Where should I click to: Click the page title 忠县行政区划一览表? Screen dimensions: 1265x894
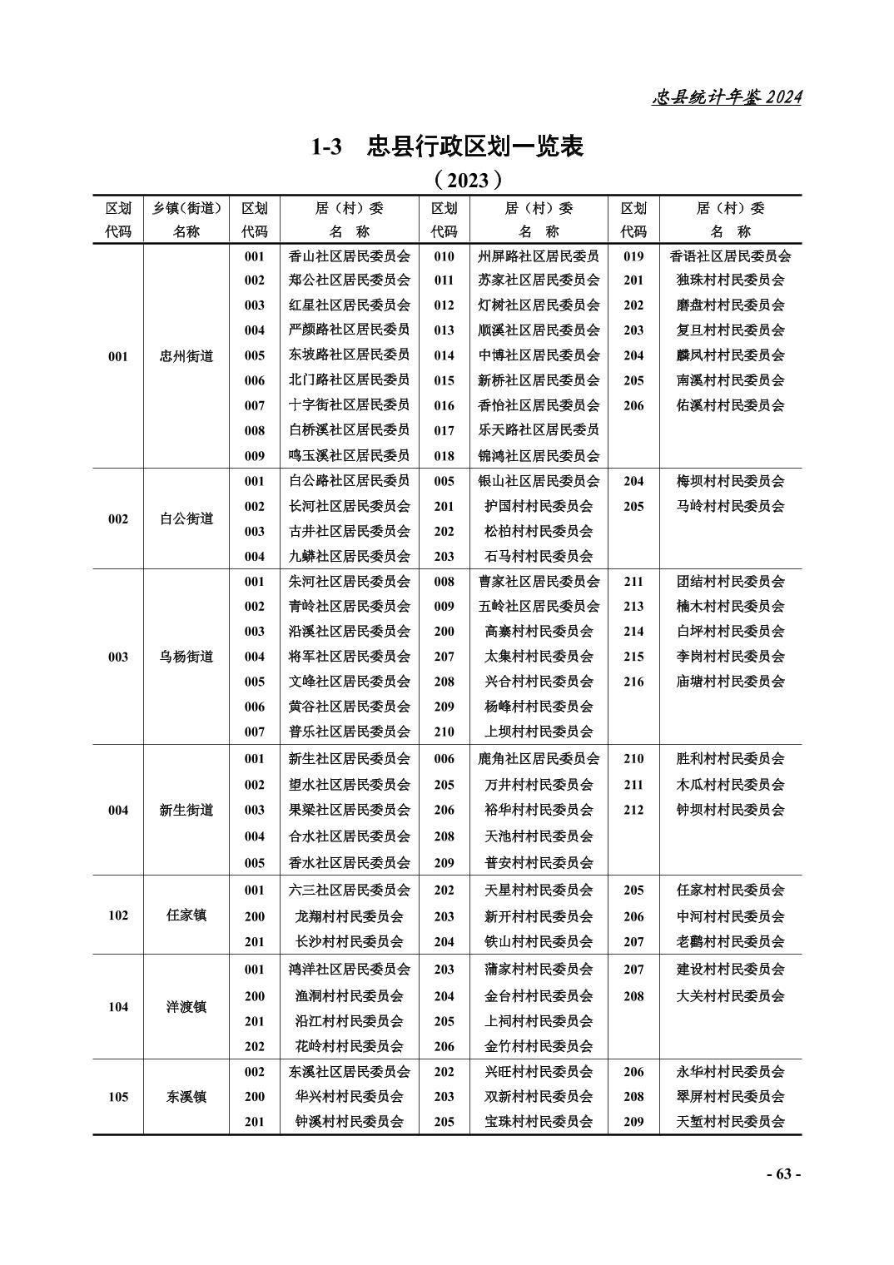448,146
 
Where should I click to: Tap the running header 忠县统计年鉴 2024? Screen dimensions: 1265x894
726,97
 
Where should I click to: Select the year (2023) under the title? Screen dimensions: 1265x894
468,180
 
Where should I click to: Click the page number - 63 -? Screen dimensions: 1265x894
782,1173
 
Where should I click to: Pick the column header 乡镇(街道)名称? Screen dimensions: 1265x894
186,220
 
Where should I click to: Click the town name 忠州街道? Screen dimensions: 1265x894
186,356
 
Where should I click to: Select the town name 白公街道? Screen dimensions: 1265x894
186,518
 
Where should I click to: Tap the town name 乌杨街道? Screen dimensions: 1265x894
186,657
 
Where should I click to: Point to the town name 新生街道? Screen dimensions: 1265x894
186,810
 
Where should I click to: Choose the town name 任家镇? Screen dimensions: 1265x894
186,915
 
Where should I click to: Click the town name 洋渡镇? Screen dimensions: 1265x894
186,1007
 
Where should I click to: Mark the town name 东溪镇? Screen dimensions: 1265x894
186,1097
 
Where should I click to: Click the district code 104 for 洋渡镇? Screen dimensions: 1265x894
118,1007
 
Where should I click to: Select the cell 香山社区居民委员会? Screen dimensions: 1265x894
349,256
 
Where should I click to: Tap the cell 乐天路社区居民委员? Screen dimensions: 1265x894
539,430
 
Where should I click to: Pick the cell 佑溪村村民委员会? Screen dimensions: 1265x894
730,405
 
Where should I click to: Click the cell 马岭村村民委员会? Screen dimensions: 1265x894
730,506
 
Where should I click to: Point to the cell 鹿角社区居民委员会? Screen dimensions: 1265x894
539,759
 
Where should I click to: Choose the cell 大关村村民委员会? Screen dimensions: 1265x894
730,995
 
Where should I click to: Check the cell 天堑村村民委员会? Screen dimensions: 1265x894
730,1122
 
